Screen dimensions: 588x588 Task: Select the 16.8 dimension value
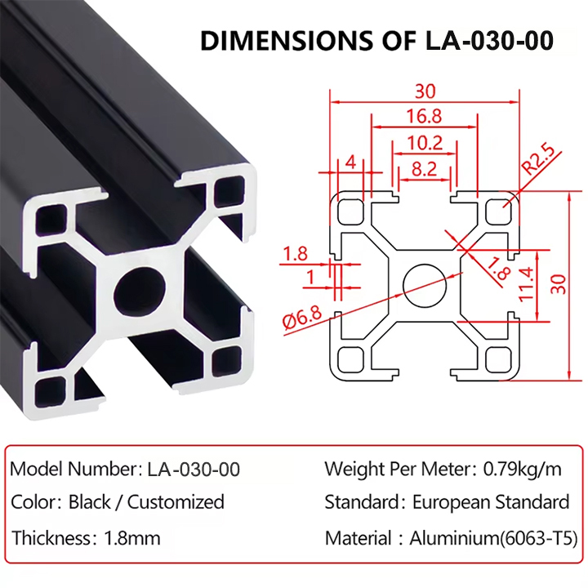(x=425, y=117)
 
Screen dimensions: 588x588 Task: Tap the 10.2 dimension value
(x=425, y=144)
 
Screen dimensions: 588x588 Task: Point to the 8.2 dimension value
(x=423, y=170)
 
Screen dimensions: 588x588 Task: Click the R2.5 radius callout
(x=538, y=160)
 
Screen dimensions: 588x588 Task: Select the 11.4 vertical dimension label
(x=526, y=283)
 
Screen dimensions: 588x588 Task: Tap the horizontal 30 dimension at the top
(x=425, y=91)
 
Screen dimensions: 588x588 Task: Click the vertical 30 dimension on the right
(x=559, y=283)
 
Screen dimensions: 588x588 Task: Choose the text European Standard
(x=491, y=501)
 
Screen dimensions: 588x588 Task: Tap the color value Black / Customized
(x=146, y=501)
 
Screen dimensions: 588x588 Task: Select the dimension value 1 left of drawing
(x=310, y=278)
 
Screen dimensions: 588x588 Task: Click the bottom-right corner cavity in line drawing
(x=499, y=358)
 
